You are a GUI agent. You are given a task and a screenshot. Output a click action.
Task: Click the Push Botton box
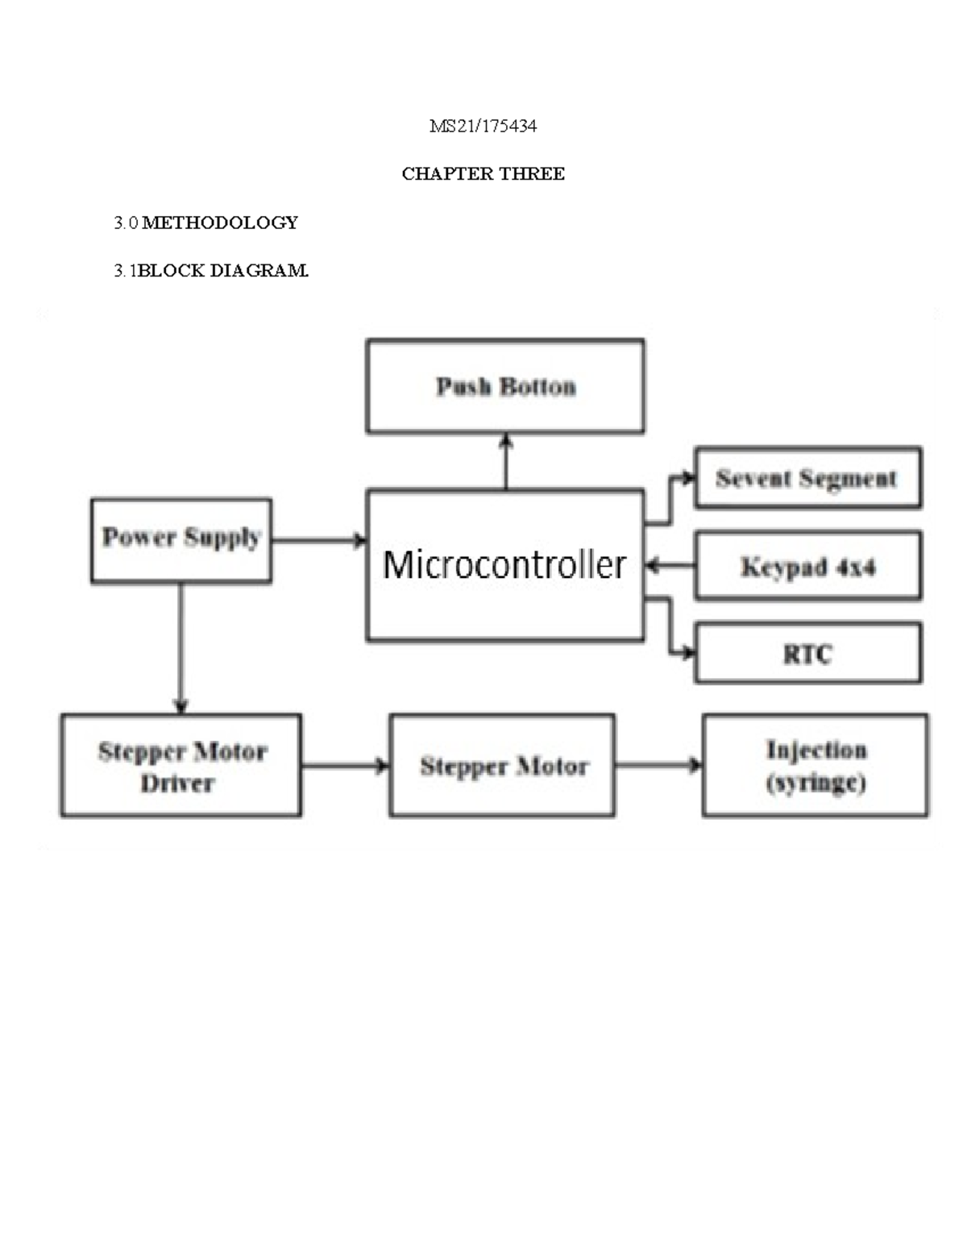coord(505,386)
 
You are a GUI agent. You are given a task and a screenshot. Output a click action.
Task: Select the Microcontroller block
coord(505,564)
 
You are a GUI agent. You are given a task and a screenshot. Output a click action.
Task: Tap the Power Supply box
coord(181,539)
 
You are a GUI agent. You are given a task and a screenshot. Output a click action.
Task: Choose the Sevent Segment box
coord(807,478)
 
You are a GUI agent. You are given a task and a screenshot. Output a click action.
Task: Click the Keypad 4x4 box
coord(807,566)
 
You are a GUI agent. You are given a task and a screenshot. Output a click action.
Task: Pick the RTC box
coord(807,653)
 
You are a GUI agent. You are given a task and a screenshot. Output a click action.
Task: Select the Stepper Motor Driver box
coord(181,766)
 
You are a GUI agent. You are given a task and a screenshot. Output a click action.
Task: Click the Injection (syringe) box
coord(816,766)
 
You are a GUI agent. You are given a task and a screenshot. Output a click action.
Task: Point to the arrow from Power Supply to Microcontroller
coord(318,540)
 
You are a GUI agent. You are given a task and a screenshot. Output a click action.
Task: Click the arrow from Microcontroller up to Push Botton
coord(506,461)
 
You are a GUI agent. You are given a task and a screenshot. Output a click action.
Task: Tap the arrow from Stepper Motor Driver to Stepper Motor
coord(345,765)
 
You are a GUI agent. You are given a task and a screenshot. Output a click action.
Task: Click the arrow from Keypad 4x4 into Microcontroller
coord(670,567)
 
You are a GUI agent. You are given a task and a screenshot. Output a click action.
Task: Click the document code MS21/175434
coord(483,126)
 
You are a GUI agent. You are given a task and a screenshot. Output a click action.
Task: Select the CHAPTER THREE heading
coord(483,173)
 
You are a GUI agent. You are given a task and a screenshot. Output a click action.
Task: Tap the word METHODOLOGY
coord(220,223)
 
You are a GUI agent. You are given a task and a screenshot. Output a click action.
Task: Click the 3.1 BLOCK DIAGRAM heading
coord(211,271)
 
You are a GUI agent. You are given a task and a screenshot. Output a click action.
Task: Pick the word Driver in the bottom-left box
coord(177,784)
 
